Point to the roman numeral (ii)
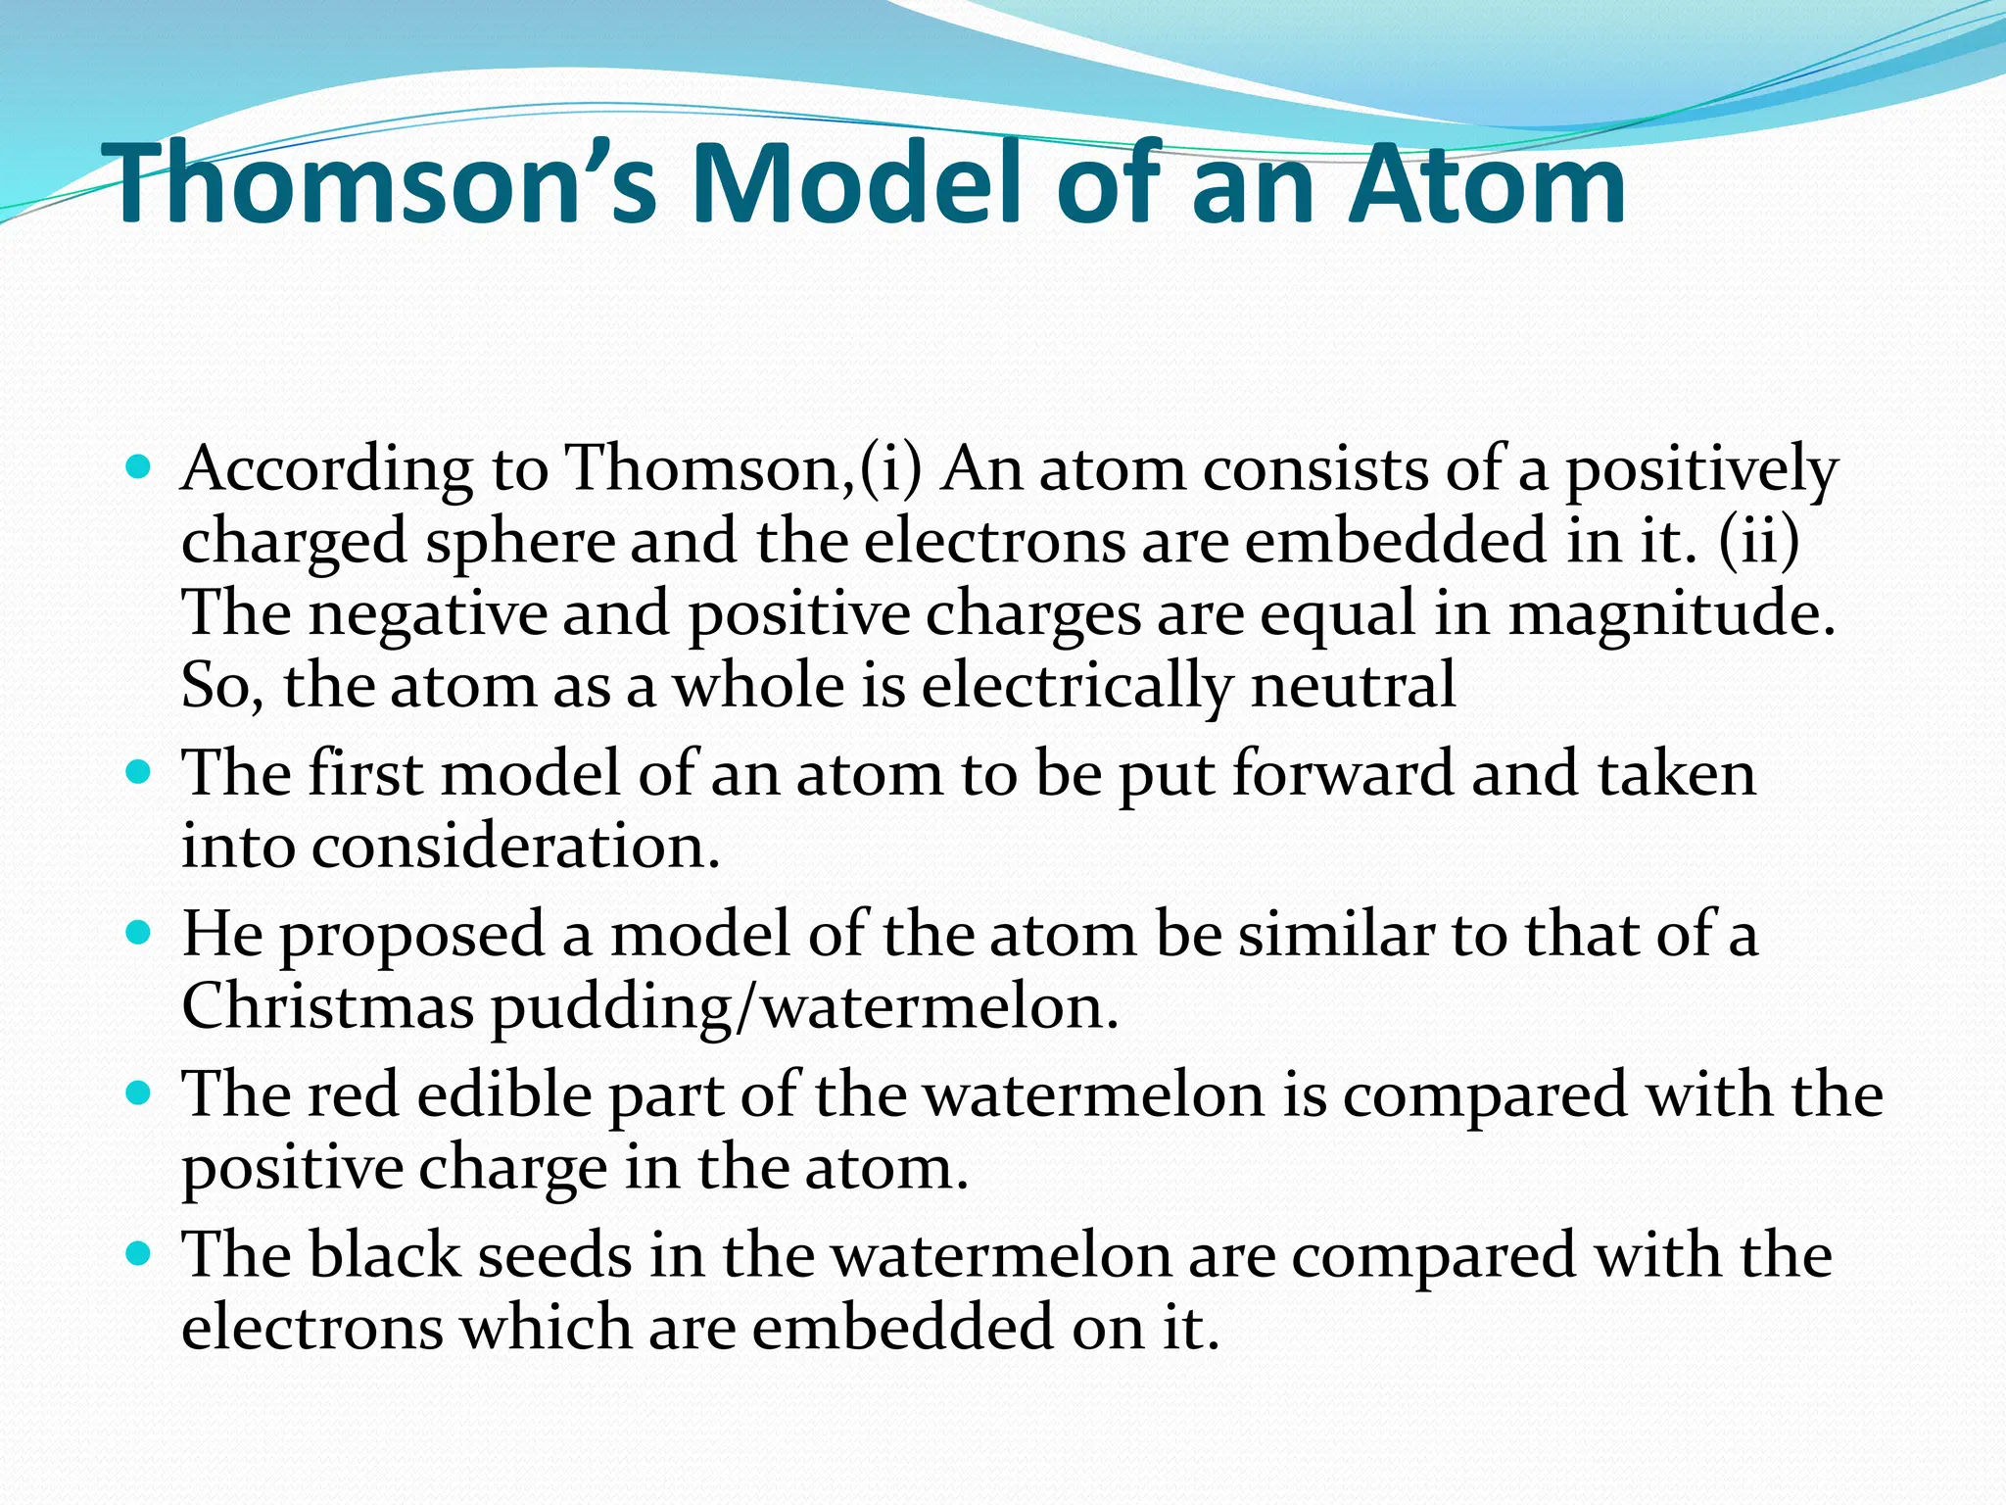coord(1759,541)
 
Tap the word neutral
coord(1353,685)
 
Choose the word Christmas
coord(327,1007)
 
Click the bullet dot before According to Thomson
coord(139,465)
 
